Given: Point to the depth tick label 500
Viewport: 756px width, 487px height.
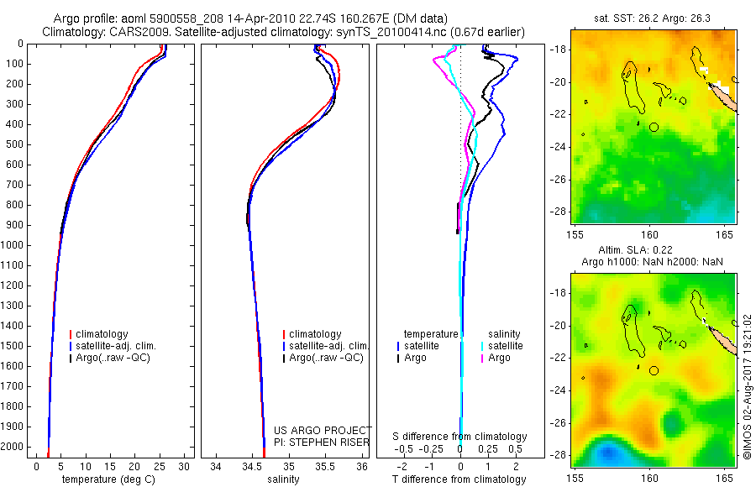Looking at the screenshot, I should click(16, 144).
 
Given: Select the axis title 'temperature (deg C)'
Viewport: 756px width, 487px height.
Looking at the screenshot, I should click(106, 479).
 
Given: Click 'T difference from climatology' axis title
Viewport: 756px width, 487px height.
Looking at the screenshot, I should click(459, 479).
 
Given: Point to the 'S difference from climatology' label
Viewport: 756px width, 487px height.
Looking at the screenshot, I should click(459, 437).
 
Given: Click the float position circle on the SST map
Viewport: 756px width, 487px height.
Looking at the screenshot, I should click(654, 127).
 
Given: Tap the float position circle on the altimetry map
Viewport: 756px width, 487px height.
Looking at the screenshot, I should click(654, 370).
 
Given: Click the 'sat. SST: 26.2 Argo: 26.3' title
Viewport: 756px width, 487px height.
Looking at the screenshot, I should click(648, 18).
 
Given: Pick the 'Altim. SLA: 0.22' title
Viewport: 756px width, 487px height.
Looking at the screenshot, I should click(648, 251).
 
